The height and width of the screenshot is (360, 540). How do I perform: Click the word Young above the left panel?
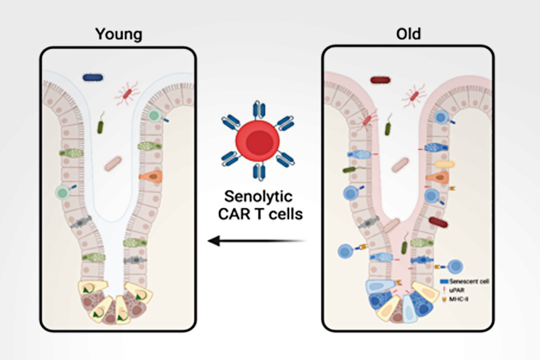pyautogui.click(x=118, y=33)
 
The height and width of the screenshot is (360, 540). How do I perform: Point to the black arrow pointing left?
pyautogui.click(x=256, y=241)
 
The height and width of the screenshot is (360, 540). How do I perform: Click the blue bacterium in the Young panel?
pyautogui.click(x=92, y=77)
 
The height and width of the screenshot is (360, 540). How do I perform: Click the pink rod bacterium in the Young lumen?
pyautogui.click(x=113, y=165)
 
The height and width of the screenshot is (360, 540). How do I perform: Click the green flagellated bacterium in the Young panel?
pyautogui.click(x=101, y=126)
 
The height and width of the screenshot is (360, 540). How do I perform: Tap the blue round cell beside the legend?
pyautogui.click(x=454, y=266)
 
